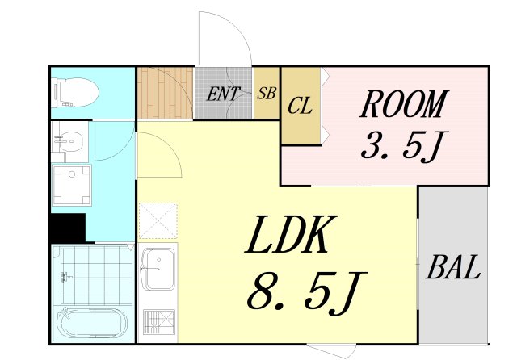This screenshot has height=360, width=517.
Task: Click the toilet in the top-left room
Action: (76, 93)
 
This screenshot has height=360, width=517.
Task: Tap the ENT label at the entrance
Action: (223, 94)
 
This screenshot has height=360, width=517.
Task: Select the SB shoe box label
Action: (267, 93)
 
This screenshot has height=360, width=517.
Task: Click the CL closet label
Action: (300, 106)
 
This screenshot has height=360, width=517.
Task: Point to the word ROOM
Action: (404, 104)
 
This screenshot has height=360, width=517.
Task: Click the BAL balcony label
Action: (453, 267)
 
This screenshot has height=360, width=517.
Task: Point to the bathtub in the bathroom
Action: (92, 323)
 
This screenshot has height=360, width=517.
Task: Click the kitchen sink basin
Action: (158, 269)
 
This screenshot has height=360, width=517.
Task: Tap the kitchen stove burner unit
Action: (159, 322)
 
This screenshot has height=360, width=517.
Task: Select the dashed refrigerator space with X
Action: (158, 220)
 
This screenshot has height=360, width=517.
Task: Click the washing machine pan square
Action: (72, 185)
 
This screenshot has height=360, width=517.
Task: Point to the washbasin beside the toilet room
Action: (70, 141)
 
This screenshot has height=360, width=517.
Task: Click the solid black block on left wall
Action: (68, 228)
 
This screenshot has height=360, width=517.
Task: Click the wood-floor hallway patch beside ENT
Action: (165, 93)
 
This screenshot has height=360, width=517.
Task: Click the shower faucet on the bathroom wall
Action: (67, 277)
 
